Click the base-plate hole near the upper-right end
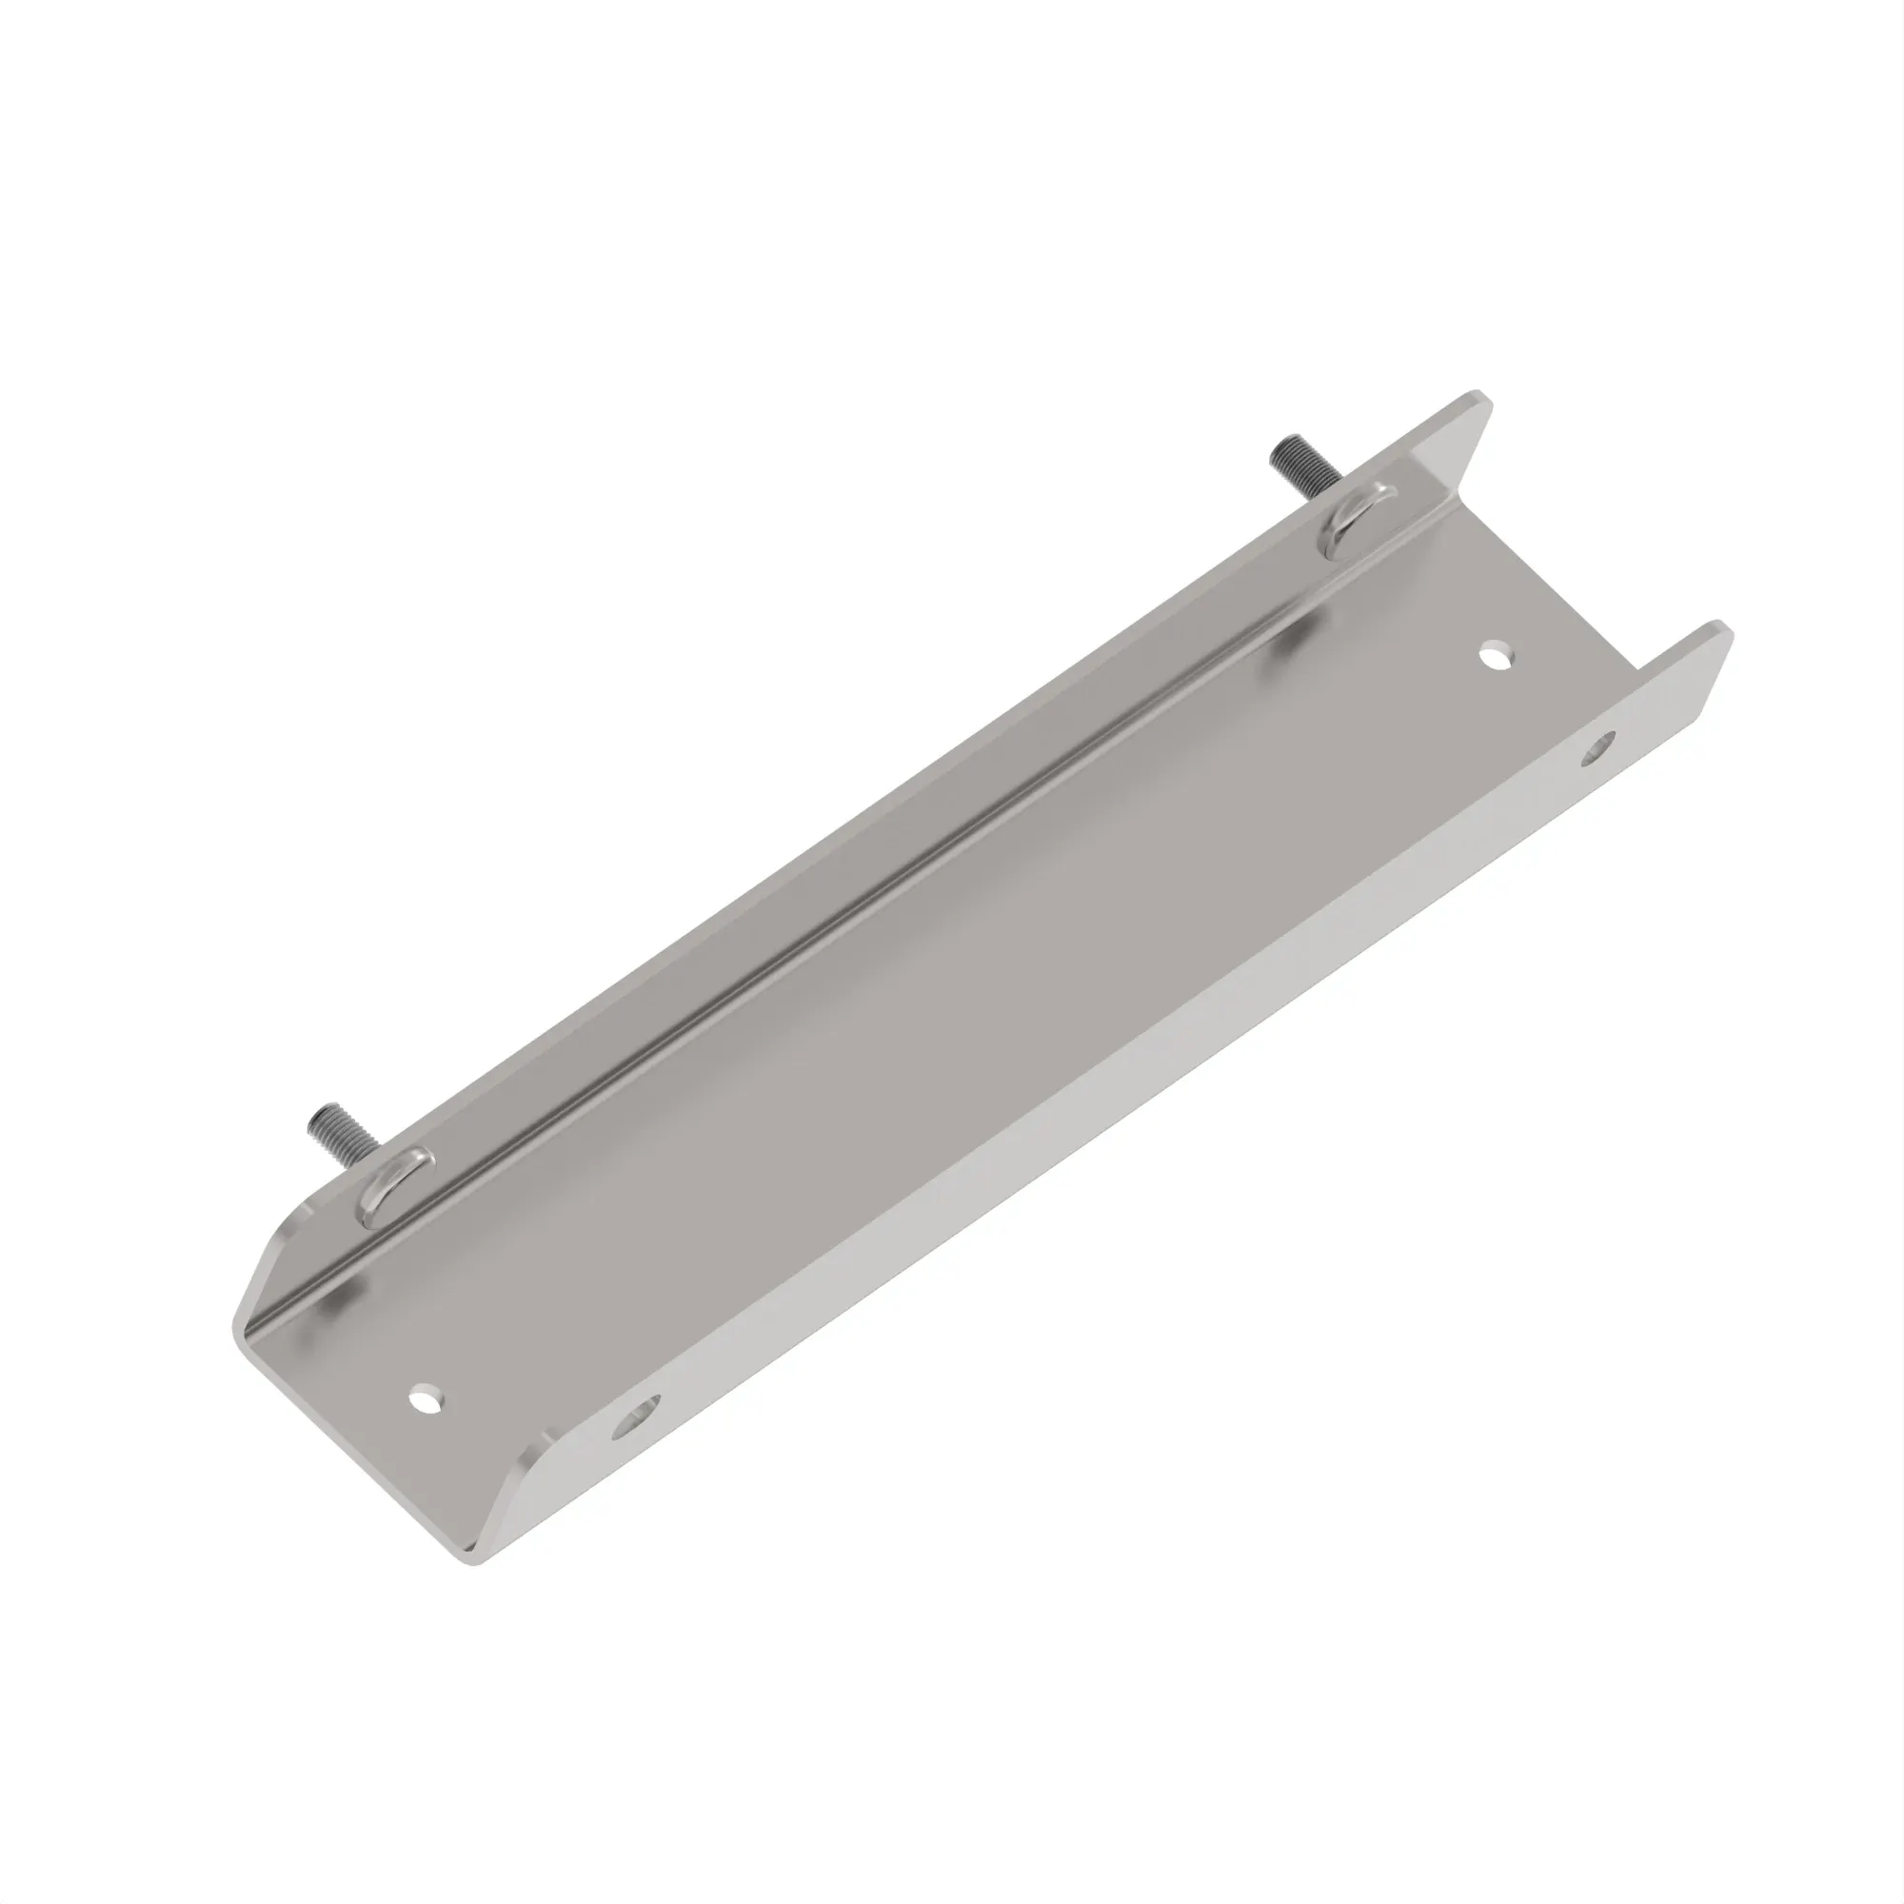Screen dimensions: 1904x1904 [x=1497, y=654]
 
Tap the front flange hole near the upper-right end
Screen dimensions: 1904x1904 [x=1597, y=747]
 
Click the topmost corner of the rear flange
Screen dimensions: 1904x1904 [x=1478, y=395]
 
